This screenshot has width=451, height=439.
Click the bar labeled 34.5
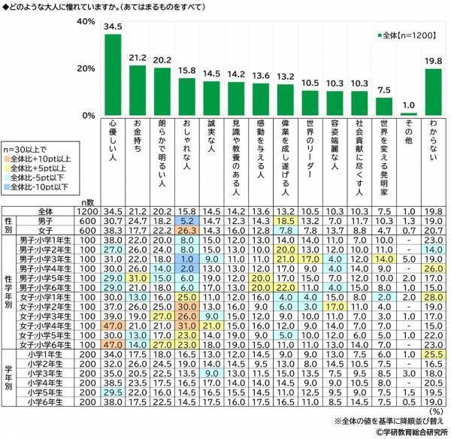[x=112, y=75]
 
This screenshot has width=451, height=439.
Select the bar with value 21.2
[x=138, y=90]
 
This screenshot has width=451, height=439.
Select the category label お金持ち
[x=138, y=140]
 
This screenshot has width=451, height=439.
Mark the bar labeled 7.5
[x=383, y=106]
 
